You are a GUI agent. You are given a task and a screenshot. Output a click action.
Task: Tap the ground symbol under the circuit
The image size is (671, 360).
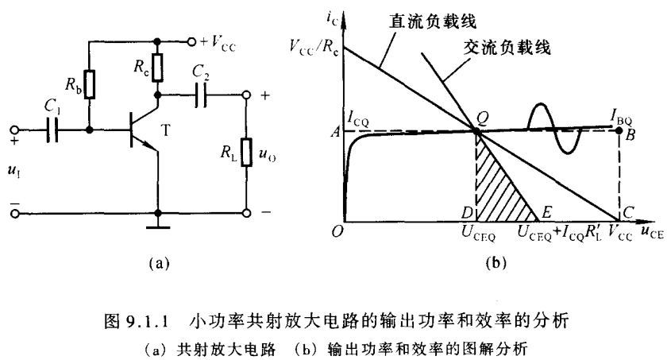coord(159,226)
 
